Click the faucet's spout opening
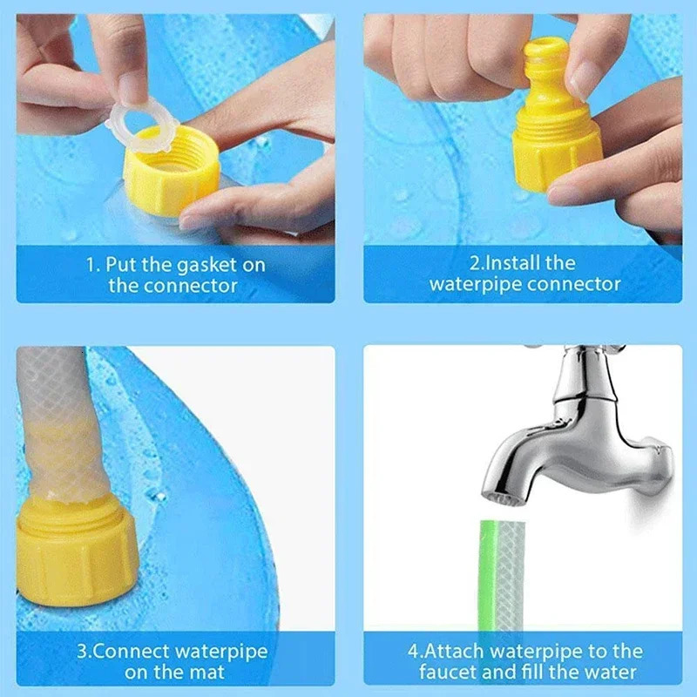503,494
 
